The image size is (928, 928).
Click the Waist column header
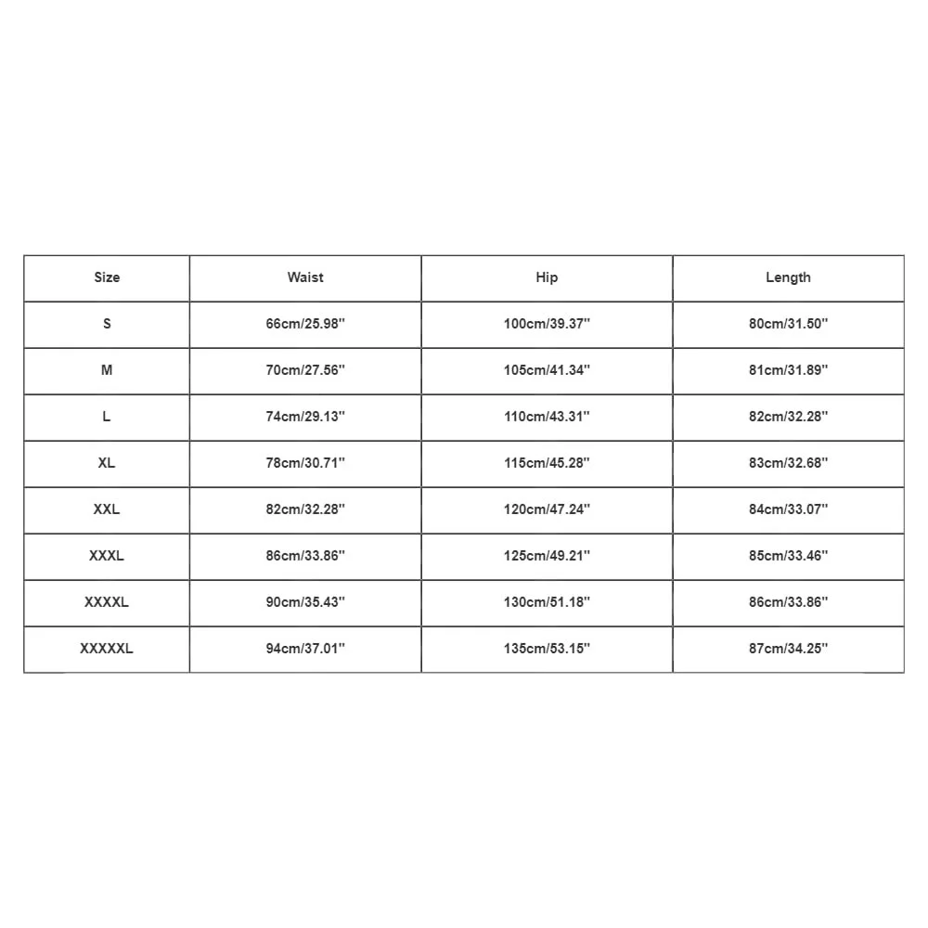[x=305, y=277]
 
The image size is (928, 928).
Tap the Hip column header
[x=547, y=277]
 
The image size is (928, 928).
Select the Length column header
[x=788, y=277]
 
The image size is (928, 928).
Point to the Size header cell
[x=107, y=277]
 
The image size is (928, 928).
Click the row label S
[x=107, y=324]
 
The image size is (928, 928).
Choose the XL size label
[x=107, y=463]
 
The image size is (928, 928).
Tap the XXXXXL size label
[x=107, y=649]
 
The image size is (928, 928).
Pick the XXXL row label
[x=107, y=556]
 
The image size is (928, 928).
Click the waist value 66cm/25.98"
[x=305, y=324]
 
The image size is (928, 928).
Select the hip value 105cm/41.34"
[x=547, y=370]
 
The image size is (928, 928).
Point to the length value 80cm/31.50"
[x=788, y=324]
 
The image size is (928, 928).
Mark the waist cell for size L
[x=305, y=417]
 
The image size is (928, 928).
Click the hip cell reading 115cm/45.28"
[x=547, y=463]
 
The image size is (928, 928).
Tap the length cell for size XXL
[x=788, y=509]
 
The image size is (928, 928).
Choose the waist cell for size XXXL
[x=305, y=556]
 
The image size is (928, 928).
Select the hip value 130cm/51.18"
[x=547, y=602]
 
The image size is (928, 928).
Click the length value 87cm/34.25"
[x=788, y=649]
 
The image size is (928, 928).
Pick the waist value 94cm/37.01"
[x=305, y=649]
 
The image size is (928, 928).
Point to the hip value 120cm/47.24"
[x=547, y=509]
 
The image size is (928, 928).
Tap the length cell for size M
[x=788, y=370]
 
